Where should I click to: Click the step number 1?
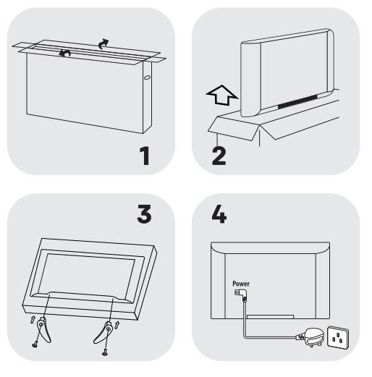(145, 156)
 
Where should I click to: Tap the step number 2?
(219, 156)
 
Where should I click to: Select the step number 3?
(144, 214)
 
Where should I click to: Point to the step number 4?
(219, 214)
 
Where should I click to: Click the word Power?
(241, 284)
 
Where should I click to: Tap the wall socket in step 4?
(338, 337)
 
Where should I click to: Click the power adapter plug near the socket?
(312, 337)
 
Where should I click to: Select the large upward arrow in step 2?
(221, 95)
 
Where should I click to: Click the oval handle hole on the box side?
(147, 77)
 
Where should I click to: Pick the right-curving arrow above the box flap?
(103, 44)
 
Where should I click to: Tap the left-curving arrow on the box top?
(64, 53)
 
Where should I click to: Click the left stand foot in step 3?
(44, 329)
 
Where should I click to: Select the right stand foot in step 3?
(103, 332)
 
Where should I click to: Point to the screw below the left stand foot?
(35, 345)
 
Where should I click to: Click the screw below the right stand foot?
(105, 353)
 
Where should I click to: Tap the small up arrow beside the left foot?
(33, 320)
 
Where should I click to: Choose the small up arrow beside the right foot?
(117, 325)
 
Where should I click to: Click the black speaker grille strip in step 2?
(297, 101)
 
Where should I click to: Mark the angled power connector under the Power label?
(241, 295)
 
